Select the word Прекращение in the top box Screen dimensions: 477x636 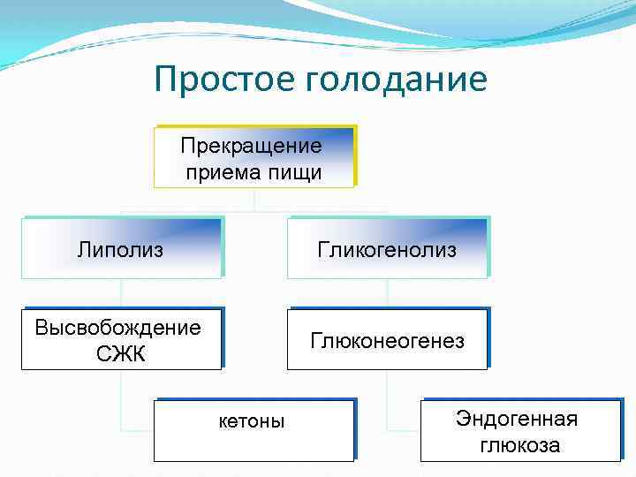click(x=251, y=145)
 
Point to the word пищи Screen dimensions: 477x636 click(x=293, y=172)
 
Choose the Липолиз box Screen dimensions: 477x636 click(x=121, y=250)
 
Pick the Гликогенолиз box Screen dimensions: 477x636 click(x=387, y=250)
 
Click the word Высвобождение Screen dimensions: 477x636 click(x=117, y=328)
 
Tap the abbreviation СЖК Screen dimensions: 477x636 click(x=121, y=355)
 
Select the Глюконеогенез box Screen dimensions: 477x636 click(x=387, y=341)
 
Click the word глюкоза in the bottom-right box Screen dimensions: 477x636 click(x=519, y=445)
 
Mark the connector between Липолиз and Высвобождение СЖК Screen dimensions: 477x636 click(x=121, y=293)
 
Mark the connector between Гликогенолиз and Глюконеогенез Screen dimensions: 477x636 click(x=387, y=293)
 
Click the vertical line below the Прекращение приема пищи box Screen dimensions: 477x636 click(x=254, y=200)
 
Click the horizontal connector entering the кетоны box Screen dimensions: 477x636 click(x=138, y=430)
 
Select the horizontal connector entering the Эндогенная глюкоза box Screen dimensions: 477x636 click(x=404, y=430)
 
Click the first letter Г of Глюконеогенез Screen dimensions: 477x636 click(x=314, y=341)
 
